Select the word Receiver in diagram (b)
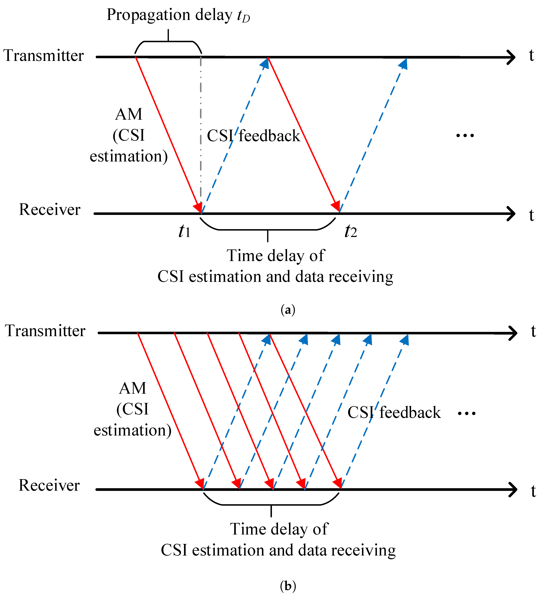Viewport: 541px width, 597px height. (x=49, y=485)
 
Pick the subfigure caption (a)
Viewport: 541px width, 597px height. (x=288, y=310)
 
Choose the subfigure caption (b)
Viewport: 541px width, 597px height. (x=288, y=586)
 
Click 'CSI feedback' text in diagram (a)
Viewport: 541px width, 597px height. (x=253, y=136)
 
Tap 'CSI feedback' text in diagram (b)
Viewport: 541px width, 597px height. (x=394, y=413)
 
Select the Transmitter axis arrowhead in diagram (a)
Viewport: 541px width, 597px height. (x=511, y=57)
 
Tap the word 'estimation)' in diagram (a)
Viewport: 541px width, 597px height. (x=128, y=156)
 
